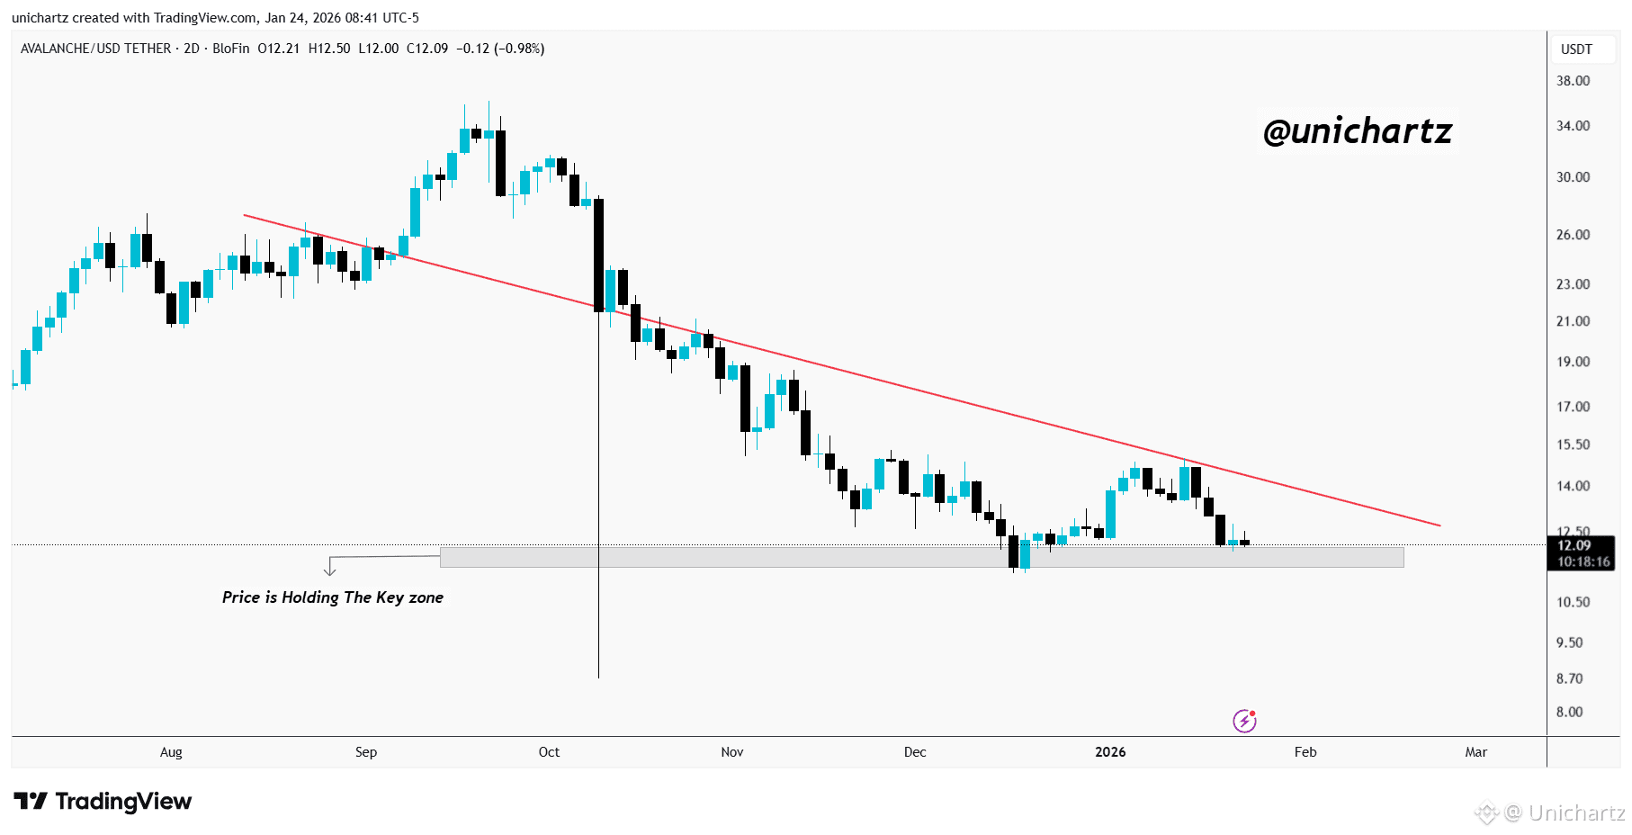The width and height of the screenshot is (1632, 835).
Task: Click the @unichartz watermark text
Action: [x=1358, y=131]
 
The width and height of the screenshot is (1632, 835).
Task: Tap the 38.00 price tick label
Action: [x=1573, y=81]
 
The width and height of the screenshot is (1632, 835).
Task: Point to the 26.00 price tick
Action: [x=1573, y=235]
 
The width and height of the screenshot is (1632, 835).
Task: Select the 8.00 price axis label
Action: [x=1569, y=712]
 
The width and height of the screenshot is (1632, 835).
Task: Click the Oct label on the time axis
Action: [x=549, y=752]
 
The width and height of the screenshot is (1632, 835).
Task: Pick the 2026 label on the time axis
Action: [x=1110, y=752]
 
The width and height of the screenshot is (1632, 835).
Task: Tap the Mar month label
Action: [x=1475, y=752]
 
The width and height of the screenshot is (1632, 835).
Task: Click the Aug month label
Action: [x=171, y=752]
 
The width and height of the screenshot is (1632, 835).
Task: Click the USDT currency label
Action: [x=1576, y=49]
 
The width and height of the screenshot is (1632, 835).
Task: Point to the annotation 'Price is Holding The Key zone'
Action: [x=333, y=597]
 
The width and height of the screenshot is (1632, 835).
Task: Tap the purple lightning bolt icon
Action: [x=1244, y=721]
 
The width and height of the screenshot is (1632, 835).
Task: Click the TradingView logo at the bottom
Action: [x=103, y=801]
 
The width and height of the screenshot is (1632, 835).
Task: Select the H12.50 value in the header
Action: [x=329, y=49]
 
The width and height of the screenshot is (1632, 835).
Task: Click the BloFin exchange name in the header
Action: [x=231, y=49]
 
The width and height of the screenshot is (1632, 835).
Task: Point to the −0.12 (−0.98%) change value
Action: [x=500, y=49]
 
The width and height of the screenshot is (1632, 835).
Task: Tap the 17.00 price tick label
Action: [x=1573, y=407]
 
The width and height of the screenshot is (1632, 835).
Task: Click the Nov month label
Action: [x=732, y=752]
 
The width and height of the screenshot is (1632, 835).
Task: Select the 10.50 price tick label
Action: [x=1573, y=602]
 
